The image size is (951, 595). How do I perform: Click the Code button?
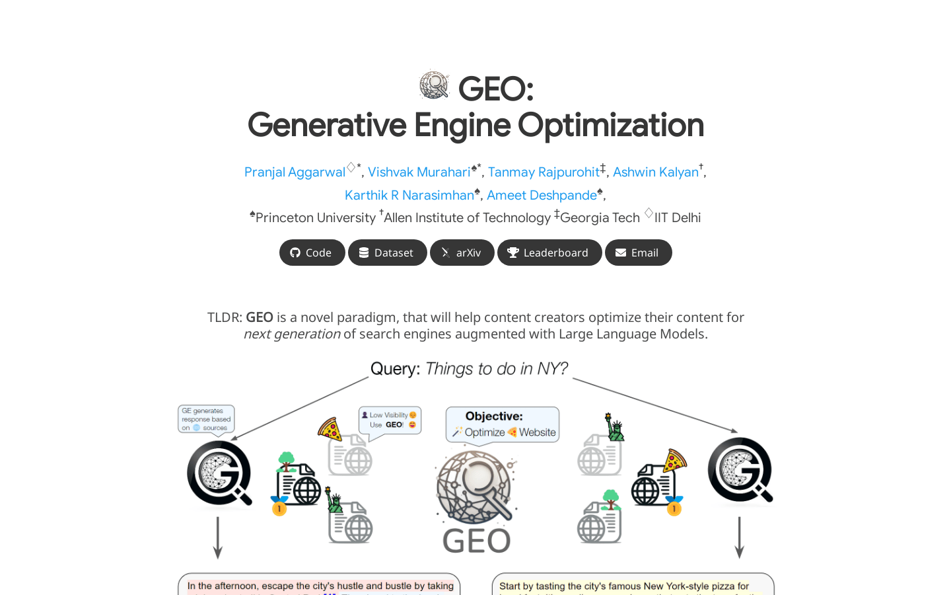coord(312,253)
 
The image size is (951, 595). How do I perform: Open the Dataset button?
coord(387,253)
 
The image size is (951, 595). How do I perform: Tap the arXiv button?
coord(462,253)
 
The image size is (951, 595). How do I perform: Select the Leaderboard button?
coord(549,253)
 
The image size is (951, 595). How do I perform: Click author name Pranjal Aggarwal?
coord(295,173)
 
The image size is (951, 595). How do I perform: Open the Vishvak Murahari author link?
coord(419,173)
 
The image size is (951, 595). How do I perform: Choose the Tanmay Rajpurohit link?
coord(543,173)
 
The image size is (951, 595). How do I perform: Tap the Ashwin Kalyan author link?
coord(655,173)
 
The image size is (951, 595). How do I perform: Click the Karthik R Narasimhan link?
coord(409,196)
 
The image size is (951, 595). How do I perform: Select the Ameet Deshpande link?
coord(542,196)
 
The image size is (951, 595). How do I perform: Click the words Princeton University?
coord(315,218)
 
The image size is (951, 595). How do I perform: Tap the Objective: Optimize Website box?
coord(503,424)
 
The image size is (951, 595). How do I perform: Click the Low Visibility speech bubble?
coord(390,420)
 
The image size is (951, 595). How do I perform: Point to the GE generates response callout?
coord(206,419)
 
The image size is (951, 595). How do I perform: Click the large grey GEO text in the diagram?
coord(476,541)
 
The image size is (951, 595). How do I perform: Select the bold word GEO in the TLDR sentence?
coord(260,317)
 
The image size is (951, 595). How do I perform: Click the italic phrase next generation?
coord(292,334)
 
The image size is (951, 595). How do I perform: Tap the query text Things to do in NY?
coord(496,369)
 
